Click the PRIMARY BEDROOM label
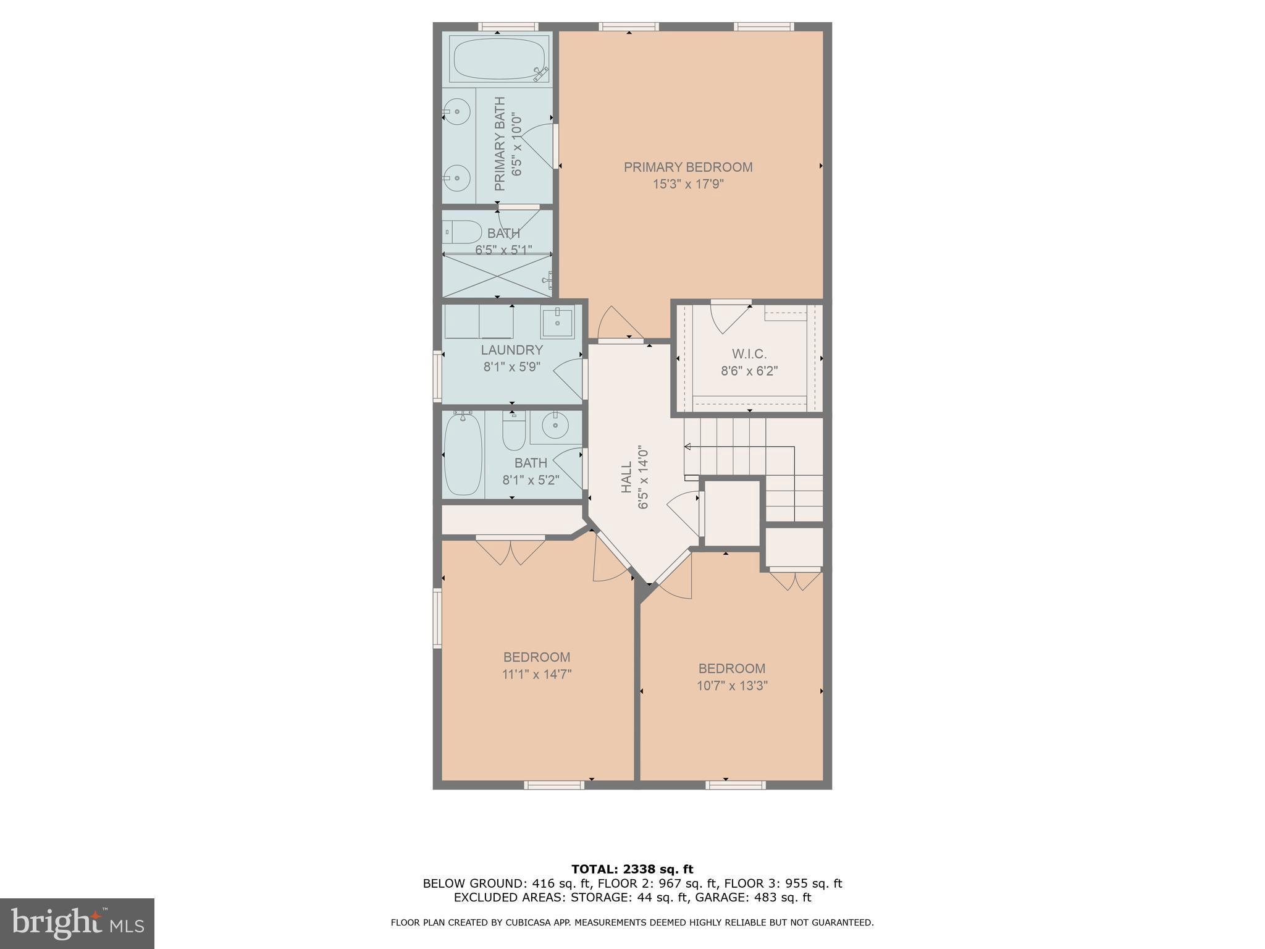(x=687, y=167)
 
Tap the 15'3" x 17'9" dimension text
(x=687, y=184)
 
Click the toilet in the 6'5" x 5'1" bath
(x=463, y=232)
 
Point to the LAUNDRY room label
(x=511, y=350)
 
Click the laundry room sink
(x=557, y=321)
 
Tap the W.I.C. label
(x=749, y=354)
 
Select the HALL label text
(x=626, y=478)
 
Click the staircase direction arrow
(x=687, y=446)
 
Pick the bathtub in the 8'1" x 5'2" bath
(x=463, y=454)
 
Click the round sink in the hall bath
(x=555, y=425)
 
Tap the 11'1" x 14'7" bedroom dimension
(x=536, y=674)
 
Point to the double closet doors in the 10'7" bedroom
(x=795, y=581)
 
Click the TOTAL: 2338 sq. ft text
(x=632, y=869)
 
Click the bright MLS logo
(x=77, y=923)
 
